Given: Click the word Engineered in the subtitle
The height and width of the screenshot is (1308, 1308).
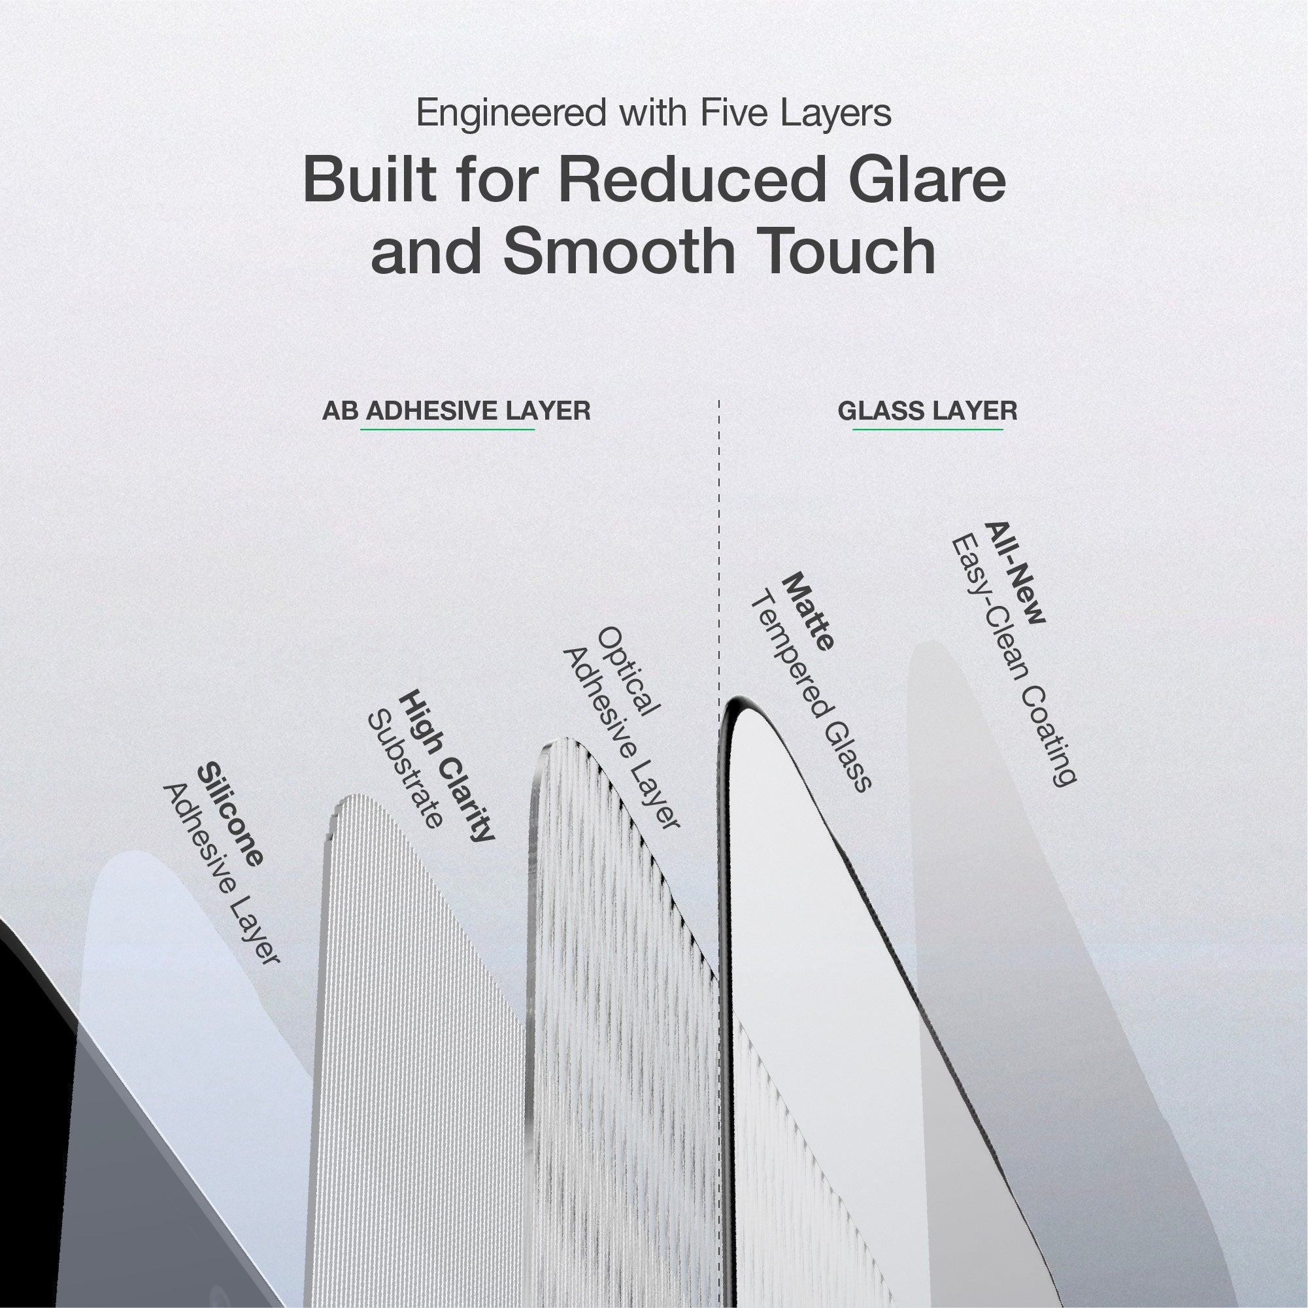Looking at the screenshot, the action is (x=511, y=114).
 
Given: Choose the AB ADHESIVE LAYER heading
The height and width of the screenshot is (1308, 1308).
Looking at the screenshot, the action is (x=456, y=411).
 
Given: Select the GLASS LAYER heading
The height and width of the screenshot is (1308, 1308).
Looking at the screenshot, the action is (x=928, y=411).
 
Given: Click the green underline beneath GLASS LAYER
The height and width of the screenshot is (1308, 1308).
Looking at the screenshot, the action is (x=928, y=429).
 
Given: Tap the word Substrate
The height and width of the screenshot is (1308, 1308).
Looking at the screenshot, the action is (x=405, y=770).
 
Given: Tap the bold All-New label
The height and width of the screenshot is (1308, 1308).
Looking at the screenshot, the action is (x=1016, y=582).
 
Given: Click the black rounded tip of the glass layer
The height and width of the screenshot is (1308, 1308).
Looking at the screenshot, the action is (x=738, y=702).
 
